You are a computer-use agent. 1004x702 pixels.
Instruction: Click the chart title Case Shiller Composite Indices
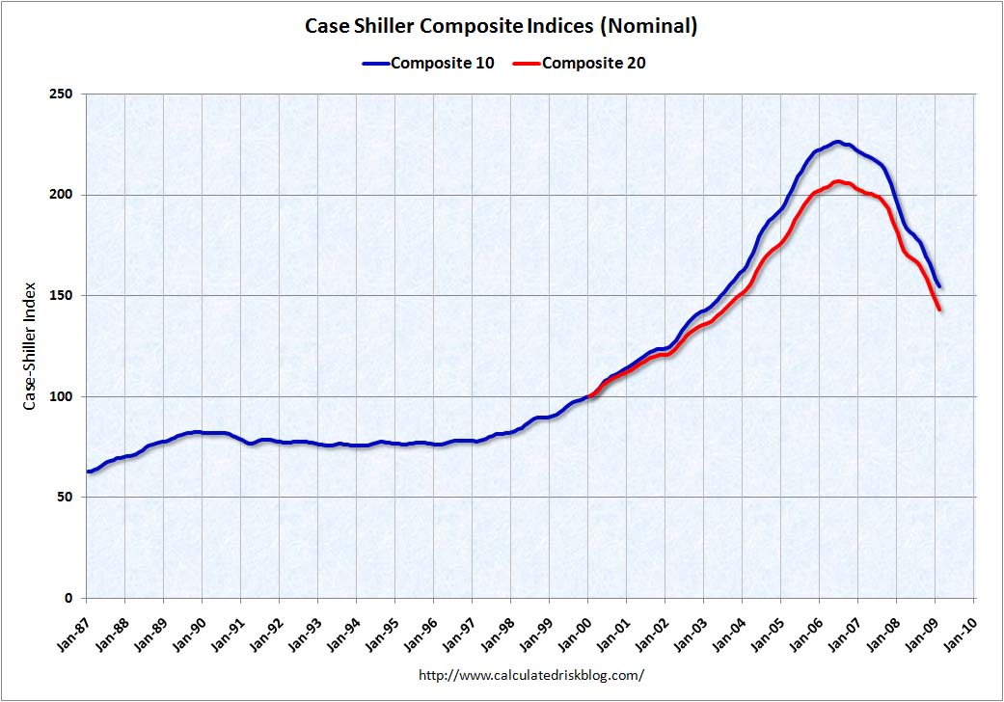tap(501, 26)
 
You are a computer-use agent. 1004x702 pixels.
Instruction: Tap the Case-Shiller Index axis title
tap(30, 346)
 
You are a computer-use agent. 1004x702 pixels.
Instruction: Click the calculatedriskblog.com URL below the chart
tap(530, 675)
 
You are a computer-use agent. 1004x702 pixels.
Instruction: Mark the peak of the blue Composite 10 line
tap(837, 142)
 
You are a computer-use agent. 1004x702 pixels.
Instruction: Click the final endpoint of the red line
tap(939, 310)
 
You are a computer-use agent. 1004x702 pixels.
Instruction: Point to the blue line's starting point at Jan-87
tap(88, 472)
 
